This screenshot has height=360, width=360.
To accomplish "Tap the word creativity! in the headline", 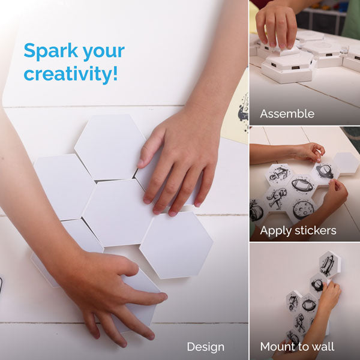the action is pyautogui.click(x=71, y=74).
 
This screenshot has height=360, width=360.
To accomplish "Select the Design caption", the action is pyautogui.click(x=205, y=347).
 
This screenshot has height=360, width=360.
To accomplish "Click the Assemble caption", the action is pyautogui.click(x=287, y=113).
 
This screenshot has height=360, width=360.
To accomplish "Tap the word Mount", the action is pyautogui.click(x=276, y=346).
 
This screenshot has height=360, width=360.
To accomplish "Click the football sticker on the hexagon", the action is pyautogui.click(x=302, y=184).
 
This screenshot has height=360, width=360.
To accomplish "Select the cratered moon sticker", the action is pyautogui.click(x=303, y=209).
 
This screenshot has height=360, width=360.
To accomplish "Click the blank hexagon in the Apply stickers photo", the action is pyautogui.click(x=346, y=163).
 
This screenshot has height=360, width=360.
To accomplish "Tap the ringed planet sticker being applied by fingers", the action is pyautogui.click(x=325, y=171).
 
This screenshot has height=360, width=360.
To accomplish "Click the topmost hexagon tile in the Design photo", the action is pyautogui.click(x=110, y=147).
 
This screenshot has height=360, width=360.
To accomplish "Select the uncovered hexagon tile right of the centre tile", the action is pyautogui.click(x=176, y=245).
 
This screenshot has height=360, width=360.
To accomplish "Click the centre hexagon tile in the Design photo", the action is pyautogui.click(x=118, y=213).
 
